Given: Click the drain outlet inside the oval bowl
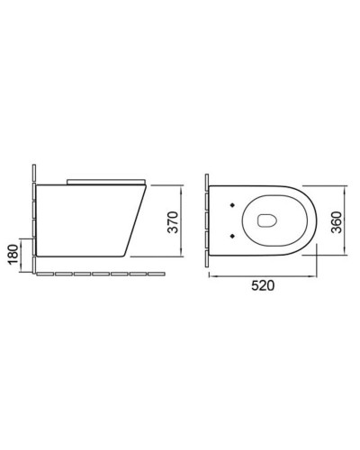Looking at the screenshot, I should (x=267, y=219).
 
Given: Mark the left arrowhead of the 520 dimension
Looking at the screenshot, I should (x=212, y=274).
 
